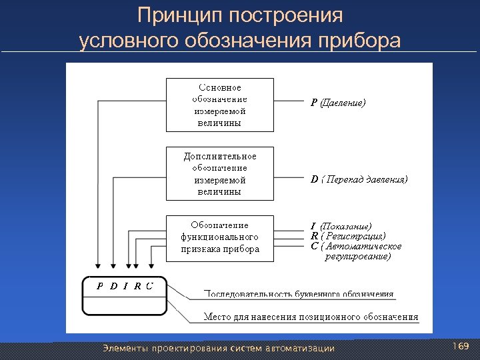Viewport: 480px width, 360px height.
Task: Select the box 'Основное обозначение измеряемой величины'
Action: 219,105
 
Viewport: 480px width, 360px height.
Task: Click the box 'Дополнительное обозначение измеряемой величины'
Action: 219,173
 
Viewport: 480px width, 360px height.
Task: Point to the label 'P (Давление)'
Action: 338,103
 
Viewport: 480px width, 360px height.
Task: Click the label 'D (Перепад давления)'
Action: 359,179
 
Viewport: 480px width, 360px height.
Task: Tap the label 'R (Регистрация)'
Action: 347,236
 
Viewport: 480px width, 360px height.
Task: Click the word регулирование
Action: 358,256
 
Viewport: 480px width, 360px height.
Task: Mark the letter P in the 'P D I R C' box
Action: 100,287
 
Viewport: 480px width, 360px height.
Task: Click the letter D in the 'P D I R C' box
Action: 113,287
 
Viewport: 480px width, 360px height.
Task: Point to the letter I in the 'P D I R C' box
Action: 125,287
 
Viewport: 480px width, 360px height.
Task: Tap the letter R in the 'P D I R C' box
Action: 137,287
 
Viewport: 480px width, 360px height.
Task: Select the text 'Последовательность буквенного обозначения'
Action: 298,294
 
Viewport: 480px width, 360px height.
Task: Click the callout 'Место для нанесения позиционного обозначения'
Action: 311,317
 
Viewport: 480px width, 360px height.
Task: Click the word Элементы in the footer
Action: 123,348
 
